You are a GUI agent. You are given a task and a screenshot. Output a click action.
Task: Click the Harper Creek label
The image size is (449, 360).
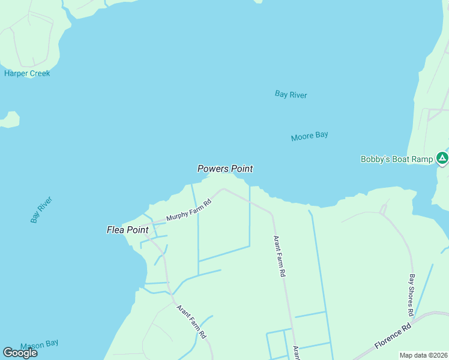[x=27, y=73]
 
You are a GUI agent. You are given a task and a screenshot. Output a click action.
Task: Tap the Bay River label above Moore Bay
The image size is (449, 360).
[x=291, y=94]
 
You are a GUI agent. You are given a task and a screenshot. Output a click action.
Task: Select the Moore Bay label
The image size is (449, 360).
[x=309, y=136]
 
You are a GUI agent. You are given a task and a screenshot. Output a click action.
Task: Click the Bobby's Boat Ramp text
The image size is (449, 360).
[x=396, y=159]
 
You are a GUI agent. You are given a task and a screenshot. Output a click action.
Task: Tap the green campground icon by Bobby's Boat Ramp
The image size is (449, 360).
[x=442, y=158]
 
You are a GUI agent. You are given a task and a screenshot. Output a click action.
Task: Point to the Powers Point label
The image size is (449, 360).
[x=225, y=169]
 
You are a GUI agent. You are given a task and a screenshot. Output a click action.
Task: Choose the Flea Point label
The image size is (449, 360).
[x=127, y=230]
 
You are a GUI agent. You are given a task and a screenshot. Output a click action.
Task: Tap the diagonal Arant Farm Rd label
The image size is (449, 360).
[x=191, y=320]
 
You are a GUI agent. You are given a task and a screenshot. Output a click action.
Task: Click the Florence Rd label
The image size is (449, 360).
[x=393, y=337]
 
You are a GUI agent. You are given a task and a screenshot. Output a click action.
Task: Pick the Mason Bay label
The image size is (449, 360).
[x=39, y=344]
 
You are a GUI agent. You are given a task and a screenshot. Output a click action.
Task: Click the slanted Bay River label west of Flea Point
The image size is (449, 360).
[x=41, y=209]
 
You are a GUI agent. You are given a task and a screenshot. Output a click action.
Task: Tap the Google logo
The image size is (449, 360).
[x=20, y=352]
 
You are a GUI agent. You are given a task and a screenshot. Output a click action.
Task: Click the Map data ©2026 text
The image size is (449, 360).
[x=423, y=355]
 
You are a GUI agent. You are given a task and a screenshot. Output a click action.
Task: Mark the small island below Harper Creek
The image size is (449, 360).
[x=8, y=119]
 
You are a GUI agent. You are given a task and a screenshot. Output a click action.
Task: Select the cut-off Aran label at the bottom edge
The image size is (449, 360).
[x=296, y=352]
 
